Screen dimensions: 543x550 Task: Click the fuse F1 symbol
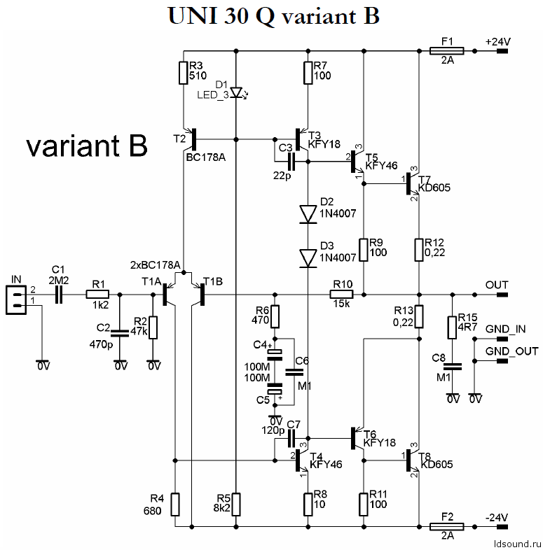(x=446, y=51)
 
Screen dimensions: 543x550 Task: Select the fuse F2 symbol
(x=446, y=526)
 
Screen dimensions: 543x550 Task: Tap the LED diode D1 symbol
(x=237, y=92)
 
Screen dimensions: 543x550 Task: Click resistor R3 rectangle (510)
(x=184, y=73)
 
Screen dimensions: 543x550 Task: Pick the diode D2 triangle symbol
(x=308, y=214)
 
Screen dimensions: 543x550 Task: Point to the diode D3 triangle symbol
(x=308, y=258)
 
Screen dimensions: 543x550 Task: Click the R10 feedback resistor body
(x=341, y=295)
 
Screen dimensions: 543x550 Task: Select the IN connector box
(x=16, y=299)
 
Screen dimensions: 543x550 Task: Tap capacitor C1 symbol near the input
(x=59, y=295)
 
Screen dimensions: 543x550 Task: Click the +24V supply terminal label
(x=497, y=42)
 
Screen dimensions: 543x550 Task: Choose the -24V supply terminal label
(x=497, y=517)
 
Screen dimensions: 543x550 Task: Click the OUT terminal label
(x=497, y=285)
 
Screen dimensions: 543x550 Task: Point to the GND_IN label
(x=505, y=329)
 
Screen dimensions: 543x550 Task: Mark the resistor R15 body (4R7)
(x=452, y=327)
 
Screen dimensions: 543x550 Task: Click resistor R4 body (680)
(x=175, y=504)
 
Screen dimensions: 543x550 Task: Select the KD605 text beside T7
(x=435, y=188)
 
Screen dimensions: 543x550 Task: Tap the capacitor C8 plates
(x=453, y=367)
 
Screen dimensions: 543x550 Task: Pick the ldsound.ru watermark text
(x=517, y=544)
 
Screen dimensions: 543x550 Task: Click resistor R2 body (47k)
(x=153, y=327)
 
